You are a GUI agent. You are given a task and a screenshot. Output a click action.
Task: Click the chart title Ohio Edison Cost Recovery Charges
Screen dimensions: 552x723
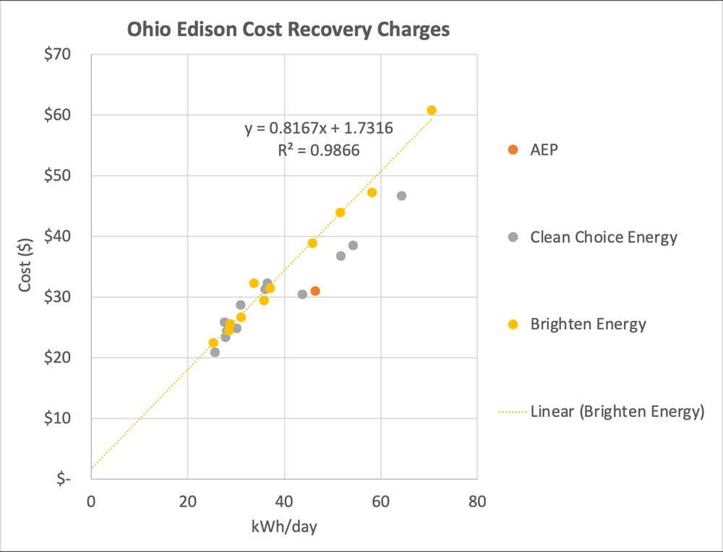288,30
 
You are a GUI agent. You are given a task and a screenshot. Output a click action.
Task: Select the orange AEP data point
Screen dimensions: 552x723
315,291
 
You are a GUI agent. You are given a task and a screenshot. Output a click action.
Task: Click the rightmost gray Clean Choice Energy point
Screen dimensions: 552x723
401,196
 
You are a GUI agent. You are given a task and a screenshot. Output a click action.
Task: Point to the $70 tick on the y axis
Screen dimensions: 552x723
65,54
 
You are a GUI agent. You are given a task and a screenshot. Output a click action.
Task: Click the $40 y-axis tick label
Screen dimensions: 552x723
65,236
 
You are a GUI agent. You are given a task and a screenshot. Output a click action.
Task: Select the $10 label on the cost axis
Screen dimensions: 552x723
65,418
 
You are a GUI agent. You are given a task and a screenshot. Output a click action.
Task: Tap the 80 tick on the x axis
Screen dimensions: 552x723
476,501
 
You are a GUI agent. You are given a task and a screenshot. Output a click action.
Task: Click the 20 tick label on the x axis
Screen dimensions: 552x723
188,501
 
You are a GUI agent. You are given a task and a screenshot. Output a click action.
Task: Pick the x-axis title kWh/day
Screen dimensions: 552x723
284,527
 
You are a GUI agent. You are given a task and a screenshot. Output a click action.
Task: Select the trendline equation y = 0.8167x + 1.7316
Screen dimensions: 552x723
319,129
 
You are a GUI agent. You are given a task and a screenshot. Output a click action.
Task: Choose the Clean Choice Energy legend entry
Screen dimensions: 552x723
603,237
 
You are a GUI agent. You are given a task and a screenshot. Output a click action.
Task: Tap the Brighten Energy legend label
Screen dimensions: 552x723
588,324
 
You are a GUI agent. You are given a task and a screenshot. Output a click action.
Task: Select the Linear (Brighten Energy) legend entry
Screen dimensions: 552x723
617,412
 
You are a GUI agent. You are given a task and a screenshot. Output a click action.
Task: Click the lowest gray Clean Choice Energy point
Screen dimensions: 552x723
215,352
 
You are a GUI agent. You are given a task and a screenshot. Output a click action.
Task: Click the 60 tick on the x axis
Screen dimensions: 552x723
380,501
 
